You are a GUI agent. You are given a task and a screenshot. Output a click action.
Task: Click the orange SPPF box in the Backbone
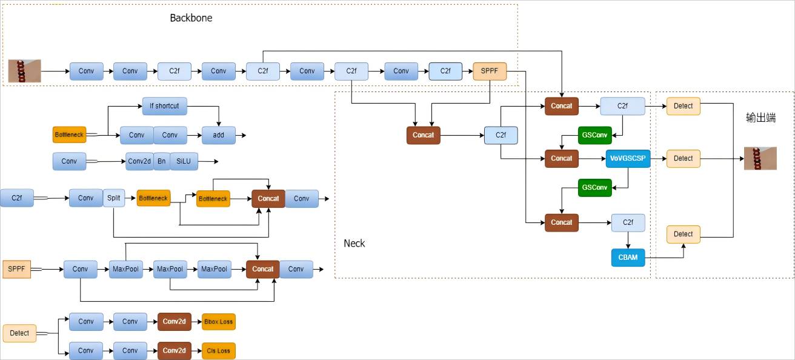[x=489, y=71]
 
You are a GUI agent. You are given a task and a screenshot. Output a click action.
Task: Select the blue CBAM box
[x=627, y=258]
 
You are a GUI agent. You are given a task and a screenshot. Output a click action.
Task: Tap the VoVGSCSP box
[x=627, y=158]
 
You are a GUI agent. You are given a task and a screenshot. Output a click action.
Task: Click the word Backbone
[x=191, y=18]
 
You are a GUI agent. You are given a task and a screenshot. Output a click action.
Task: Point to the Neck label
[x=354, y=243]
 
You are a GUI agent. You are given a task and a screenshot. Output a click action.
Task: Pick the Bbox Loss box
[x=218, y=322]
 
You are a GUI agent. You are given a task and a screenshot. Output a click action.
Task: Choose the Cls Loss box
[x=218, y=350]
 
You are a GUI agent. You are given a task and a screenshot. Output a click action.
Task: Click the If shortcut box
[x=164, y=106]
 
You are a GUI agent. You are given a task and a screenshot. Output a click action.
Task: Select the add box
[x=218, y=135]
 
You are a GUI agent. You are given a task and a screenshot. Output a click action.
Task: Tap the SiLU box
[x=184, y=161]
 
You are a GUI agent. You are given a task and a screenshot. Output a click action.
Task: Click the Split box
[x=114, y=198]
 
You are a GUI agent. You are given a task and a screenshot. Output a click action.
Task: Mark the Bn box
[x=162, y=161]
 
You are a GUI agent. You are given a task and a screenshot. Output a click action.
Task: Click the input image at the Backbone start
[x=25, y=71]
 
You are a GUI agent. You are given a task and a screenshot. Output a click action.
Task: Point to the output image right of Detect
[x=760, y=158]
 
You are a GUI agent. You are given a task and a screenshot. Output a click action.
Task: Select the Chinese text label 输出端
[x=760, y=118]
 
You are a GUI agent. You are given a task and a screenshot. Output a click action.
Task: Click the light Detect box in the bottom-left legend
[x=19, y=333]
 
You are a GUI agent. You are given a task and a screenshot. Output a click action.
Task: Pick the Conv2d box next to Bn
[x=139, y=161]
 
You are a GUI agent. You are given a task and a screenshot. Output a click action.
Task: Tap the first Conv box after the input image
[x=86, y=71]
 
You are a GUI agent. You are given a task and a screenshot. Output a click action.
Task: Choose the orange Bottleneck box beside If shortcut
[x=70, y=134]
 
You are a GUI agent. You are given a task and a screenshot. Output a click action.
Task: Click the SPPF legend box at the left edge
[x=16, y=269]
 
